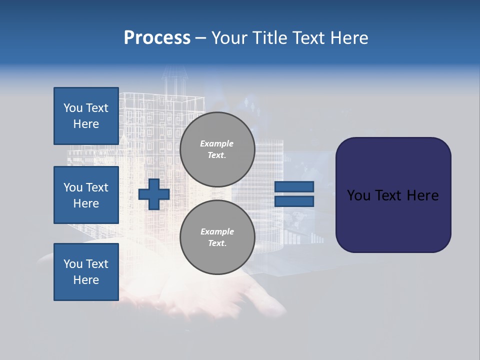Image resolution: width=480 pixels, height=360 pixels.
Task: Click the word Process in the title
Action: coord(157,38)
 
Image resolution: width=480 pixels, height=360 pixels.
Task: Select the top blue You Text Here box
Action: coord(86,116)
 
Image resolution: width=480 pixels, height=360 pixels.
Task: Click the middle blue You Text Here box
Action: coord(86,195)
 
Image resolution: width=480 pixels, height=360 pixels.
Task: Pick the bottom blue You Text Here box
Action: coord(86,272)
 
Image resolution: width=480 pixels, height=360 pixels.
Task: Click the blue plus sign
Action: coord(154,194)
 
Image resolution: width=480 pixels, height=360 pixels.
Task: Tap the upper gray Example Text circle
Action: coord(217,149)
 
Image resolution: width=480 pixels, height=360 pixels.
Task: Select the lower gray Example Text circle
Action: coord(217,237)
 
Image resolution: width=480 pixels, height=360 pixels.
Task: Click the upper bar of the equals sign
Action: coord(294,186)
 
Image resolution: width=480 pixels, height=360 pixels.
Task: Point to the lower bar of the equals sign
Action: coord(294,201)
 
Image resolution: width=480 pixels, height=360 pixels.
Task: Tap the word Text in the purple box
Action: coord(389,195)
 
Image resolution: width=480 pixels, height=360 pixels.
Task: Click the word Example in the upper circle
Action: coord(217,144)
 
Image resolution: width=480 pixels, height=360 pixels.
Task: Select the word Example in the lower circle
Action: coord(217,232)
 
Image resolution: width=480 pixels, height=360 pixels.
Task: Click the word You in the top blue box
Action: coord(73,108)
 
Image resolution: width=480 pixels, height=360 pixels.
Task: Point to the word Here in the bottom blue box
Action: coord(86,280)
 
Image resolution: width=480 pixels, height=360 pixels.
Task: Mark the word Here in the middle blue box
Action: coord(86,203)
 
